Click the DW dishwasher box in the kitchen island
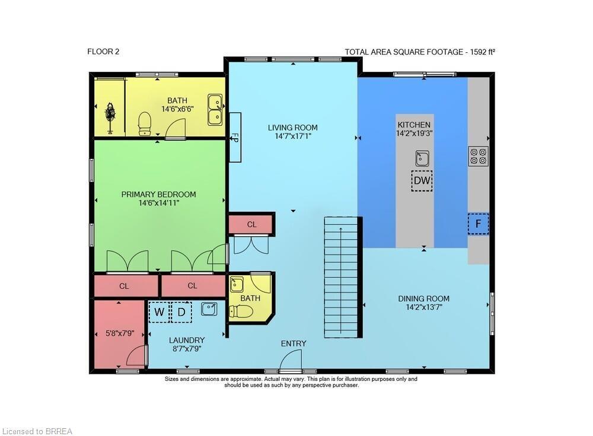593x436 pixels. pyautogui.click(x=422, y=181)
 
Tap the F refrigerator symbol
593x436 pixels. pyautogui.click(x=478, y=224)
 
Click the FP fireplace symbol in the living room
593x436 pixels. pyautogui.click(x=234, y=137)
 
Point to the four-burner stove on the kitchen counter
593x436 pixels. pyautogui.click(x=478, y=156)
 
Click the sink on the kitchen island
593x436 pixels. pyautogui.click(x=422, y=158)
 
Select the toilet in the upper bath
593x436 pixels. pyautogui.click(x=145, y=123)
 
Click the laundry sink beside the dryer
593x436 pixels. pyautogui.click(x=209, y=308)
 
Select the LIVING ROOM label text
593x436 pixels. pyautogui.click(x=292, y=128)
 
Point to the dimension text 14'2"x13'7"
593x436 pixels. pyautogui.click(x=423, y=307)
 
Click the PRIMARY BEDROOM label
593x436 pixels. pyautogui.click(x=158, y=194)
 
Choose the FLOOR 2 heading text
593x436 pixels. pyautogui.click(x=103, y=52)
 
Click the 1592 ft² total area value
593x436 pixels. pyautogui.click(x=481, y=52)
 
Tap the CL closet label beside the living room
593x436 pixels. pyautogui.click(x=251, y=224)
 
